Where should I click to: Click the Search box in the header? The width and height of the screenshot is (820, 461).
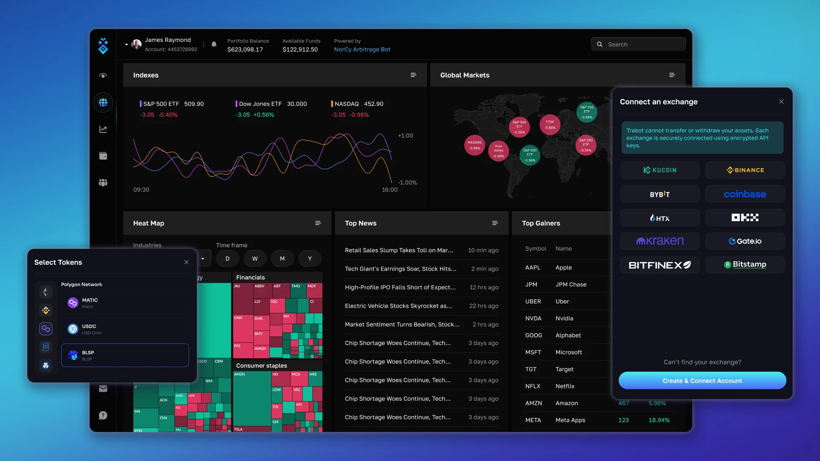pos(638,44)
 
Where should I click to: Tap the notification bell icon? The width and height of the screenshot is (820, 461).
pos(214,44)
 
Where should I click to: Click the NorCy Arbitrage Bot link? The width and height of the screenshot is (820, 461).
pos(362,50)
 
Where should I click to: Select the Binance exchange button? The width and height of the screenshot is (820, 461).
pos(745,170)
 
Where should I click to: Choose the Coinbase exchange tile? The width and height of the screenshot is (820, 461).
pos(745,194)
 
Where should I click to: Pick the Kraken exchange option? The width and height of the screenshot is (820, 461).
pos(659,241)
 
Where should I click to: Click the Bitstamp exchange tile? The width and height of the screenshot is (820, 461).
pos(745,265)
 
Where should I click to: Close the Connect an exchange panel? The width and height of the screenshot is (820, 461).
pos(781,102)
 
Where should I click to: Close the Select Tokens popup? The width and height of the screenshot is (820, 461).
pos(186,262)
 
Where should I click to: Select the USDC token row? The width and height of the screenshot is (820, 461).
pos(125,329)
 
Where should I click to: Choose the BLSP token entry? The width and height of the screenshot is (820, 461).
pos(125,355)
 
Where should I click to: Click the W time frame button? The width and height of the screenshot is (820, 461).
pos(255,259)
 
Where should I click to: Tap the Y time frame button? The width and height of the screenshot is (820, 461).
pos(310,259)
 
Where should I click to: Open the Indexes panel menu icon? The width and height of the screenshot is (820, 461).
pos(413,75)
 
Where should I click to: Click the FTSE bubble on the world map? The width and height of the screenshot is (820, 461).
pos(550,125)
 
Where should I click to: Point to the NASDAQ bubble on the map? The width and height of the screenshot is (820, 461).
pos(474,145)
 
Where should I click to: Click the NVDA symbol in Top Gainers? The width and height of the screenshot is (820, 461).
pos(533,318)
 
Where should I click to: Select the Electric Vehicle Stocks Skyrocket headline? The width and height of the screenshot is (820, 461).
pos(398,306)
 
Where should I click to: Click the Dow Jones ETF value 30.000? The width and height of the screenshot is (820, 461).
pos(297,104)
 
